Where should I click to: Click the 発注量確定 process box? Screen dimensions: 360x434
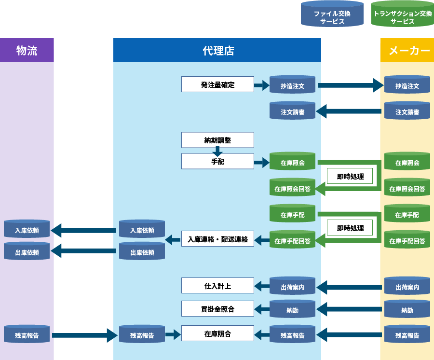click(x=217, y=84)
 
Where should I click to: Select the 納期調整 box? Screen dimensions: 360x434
click(x=217, y=140)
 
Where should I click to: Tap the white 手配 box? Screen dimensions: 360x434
click(x=217, y=162)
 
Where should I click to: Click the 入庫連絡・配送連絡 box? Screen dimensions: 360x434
click(x=217, y=239)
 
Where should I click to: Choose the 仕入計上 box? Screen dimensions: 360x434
click(x=217, y=286)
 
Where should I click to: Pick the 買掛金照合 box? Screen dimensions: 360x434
click(x=217, y=309)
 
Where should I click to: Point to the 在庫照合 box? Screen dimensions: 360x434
click(x=217, y=333)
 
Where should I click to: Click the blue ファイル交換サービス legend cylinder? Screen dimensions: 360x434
click(x=332, y=14)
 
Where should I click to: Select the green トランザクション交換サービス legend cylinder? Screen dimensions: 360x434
click(x=402, y=14)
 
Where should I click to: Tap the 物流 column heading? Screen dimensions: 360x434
click(x=27, y=51)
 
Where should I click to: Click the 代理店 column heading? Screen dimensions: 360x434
click(x=218, y=51)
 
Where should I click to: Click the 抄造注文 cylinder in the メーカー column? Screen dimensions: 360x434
click(x=407, y=86)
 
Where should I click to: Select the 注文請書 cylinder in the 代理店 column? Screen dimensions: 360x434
click(x=292, y=111)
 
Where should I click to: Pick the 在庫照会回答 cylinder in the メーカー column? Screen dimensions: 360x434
click(x=407, y=189)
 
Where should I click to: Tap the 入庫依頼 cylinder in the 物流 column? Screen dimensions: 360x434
click(x=27, y=230)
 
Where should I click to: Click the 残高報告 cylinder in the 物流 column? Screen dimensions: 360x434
click(x=27, y=335)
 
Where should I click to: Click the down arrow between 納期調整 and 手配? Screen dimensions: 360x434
click(x=217, y=151)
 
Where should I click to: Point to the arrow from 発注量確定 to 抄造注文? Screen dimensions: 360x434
click(x=261, y=85)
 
